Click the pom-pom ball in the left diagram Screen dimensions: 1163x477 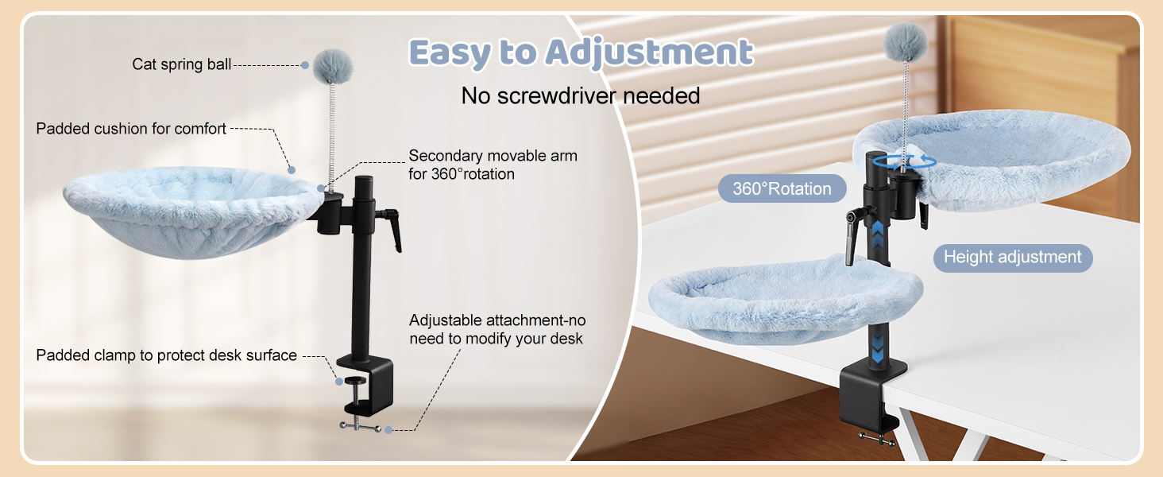(333, 67)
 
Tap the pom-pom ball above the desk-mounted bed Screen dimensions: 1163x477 (906, 41)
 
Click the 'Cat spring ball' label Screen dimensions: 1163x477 (182, 64)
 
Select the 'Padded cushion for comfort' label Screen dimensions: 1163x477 (131, 128)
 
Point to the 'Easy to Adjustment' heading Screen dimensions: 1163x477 (581, 52)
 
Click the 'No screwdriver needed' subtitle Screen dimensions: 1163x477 (581, 95)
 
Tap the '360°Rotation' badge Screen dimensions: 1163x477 (782, 188)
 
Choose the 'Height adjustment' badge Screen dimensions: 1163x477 (1012, 258)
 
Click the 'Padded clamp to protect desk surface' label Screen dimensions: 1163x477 (166, 355)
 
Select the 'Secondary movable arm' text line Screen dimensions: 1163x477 (493, 155)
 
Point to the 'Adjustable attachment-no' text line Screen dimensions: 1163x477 (497, 320)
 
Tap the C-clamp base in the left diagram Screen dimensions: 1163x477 (366, 385)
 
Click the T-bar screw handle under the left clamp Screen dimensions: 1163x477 (361, 427)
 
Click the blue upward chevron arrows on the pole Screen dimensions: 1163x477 (878, 236)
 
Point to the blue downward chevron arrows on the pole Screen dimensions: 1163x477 (878, 345)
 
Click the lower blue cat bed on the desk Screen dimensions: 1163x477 (785, 297)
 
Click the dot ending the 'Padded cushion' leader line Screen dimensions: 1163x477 (292, 170)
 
